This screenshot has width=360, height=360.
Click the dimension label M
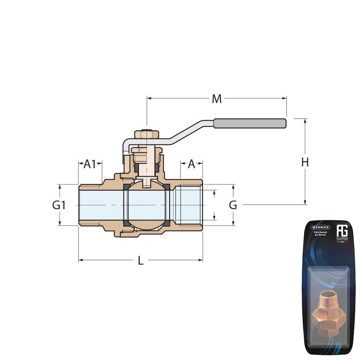216,99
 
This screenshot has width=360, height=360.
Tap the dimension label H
305,162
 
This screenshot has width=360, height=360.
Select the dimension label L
140,261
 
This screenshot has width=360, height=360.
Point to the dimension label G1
59,205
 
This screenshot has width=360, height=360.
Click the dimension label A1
90,164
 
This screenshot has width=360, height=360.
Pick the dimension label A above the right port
192,164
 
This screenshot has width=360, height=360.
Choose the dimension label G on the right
233,205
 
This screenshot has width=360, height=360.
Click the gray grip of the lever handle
250,123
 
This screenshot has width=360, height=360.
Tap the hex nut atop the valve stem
147,135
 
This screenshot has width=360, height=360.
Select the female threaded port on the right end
188,205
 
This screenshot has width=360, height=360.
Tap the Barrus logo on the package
320,227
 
